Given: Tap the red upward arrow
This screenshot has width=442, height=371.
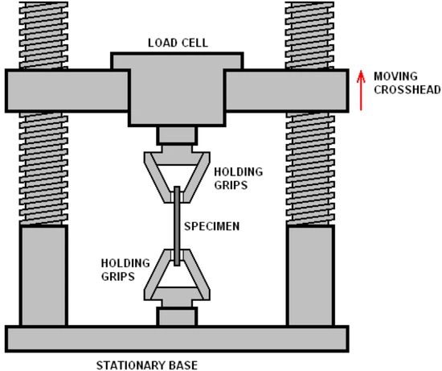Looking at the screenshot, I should click(362, 89).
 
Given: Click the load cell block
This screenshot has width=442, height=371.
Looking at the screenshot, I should click(176, 89).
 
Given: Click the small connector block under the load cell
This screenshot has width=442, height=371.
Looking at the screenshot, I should click(177, 135).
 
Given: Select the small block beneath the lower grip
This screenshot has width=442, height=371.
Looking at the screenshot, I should click(177, 315).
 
